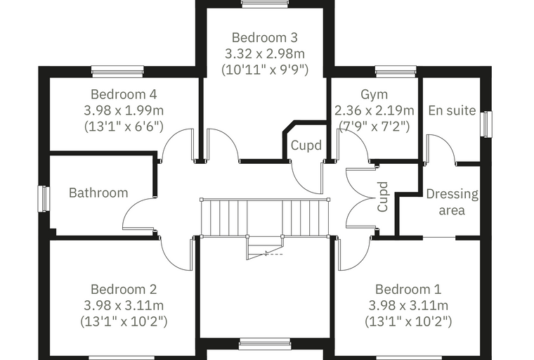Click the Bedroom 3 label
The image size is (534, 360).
[x=265, y=37]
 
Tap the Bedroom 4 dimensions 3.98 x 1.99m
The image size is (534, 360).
[x=124, y=110]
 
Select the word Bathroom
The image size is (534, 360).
[x=98, y=193]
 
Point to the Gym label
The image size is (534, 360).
[x=374, y=94]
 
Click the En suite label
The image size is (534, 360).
[x=452, y=110]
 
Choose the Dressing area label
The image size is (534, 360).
[x=452, y=202]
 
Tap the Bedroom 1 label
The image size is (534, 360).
[x=408, y=289]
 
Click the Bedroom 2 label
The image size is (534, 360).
[x=124, y=289]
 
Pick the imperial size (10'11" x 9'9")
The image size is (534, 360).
[x=265, y=70]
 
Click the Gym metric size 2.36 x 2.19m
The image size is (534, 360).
[x=374, y=110]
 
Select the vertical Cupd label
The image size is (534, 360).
[x=383, y=197]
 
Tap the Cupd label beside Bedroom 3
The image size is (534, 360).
[x=306, y=146]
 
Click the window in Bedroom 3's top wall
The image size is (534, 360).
[x=265, y=4]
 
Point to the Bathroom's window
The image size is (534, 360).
[x=44, y=199]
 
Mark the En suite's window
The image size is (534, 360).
[x=486, y=124]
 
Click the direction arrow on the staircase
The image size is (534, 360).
[x=265, y=254]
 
